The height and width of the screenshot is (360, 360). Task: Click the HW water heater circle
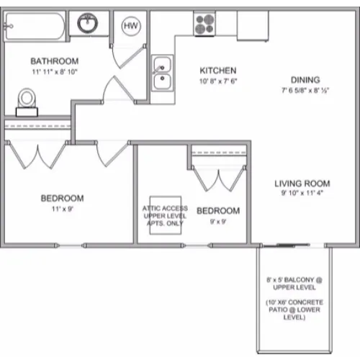(x=131, y=26)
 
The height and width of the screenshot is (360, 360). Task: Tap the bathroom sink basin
(x=88, y=23)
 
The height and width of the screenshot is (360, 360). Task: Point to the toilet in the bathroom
(x=27, y=102)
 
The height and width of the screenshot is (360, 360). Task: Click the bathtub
(x=35, y=26)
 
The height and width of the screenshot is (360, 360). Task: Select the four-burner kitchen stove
(x=204, y=24)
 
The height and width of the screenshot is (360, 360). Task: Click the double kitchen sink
(x=162, y=73)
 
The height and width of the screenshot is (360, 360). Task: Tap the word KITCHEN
(x=218, y=71)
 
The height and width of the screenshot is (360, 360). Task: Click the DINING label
(x=305, y=80)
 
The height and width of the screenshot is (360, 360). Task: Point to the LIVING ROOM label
(x=302, y=184)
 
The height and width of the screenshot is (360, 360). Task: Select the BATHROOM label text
(x=55, y=61)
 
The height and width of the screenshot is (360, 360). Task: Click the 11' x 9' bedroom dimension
(x=63, y=209)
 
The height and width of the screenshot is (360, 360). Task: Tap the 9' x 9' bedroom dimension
(x=218, y=222)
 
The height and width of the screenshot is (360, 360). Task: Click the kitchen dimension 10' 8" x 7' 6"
(x=218, y=81)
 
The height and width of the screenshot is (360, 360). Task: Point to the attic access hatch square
(x=166, y=215)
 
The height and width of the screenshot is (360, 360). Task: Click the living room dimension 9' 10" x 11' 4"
(x=302, y=193)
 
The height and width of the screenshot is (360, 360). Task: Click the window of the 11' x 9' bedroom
(x=71, y=246)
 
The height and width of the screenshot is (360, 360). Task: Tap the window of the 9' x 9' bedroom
(x=197, y=246)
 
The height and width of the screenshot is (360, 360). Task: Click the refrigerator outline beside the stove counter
(x=253, y=26)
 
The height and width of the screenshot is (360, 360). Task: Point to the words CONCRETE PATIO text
(x=294, y=306)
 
